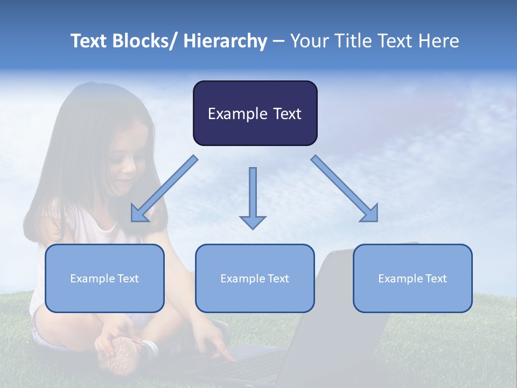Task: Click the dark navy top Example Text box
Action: tap(255, 113)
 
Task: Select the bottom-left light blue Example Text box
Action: tap(104, 278)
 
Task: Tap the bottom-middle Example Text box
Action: tap(255, 278)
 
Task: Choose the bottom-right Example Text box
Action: tap(413, 278)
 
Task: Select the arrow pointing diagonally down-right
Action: tap(345, 189)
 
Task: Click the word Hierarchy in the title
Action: tap(225, 41)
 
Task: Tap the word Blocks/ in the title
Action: tap(143, 41)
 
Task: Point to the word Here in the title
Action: tap(438, 41)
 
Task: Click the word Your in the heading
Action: tap(310, 41)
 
